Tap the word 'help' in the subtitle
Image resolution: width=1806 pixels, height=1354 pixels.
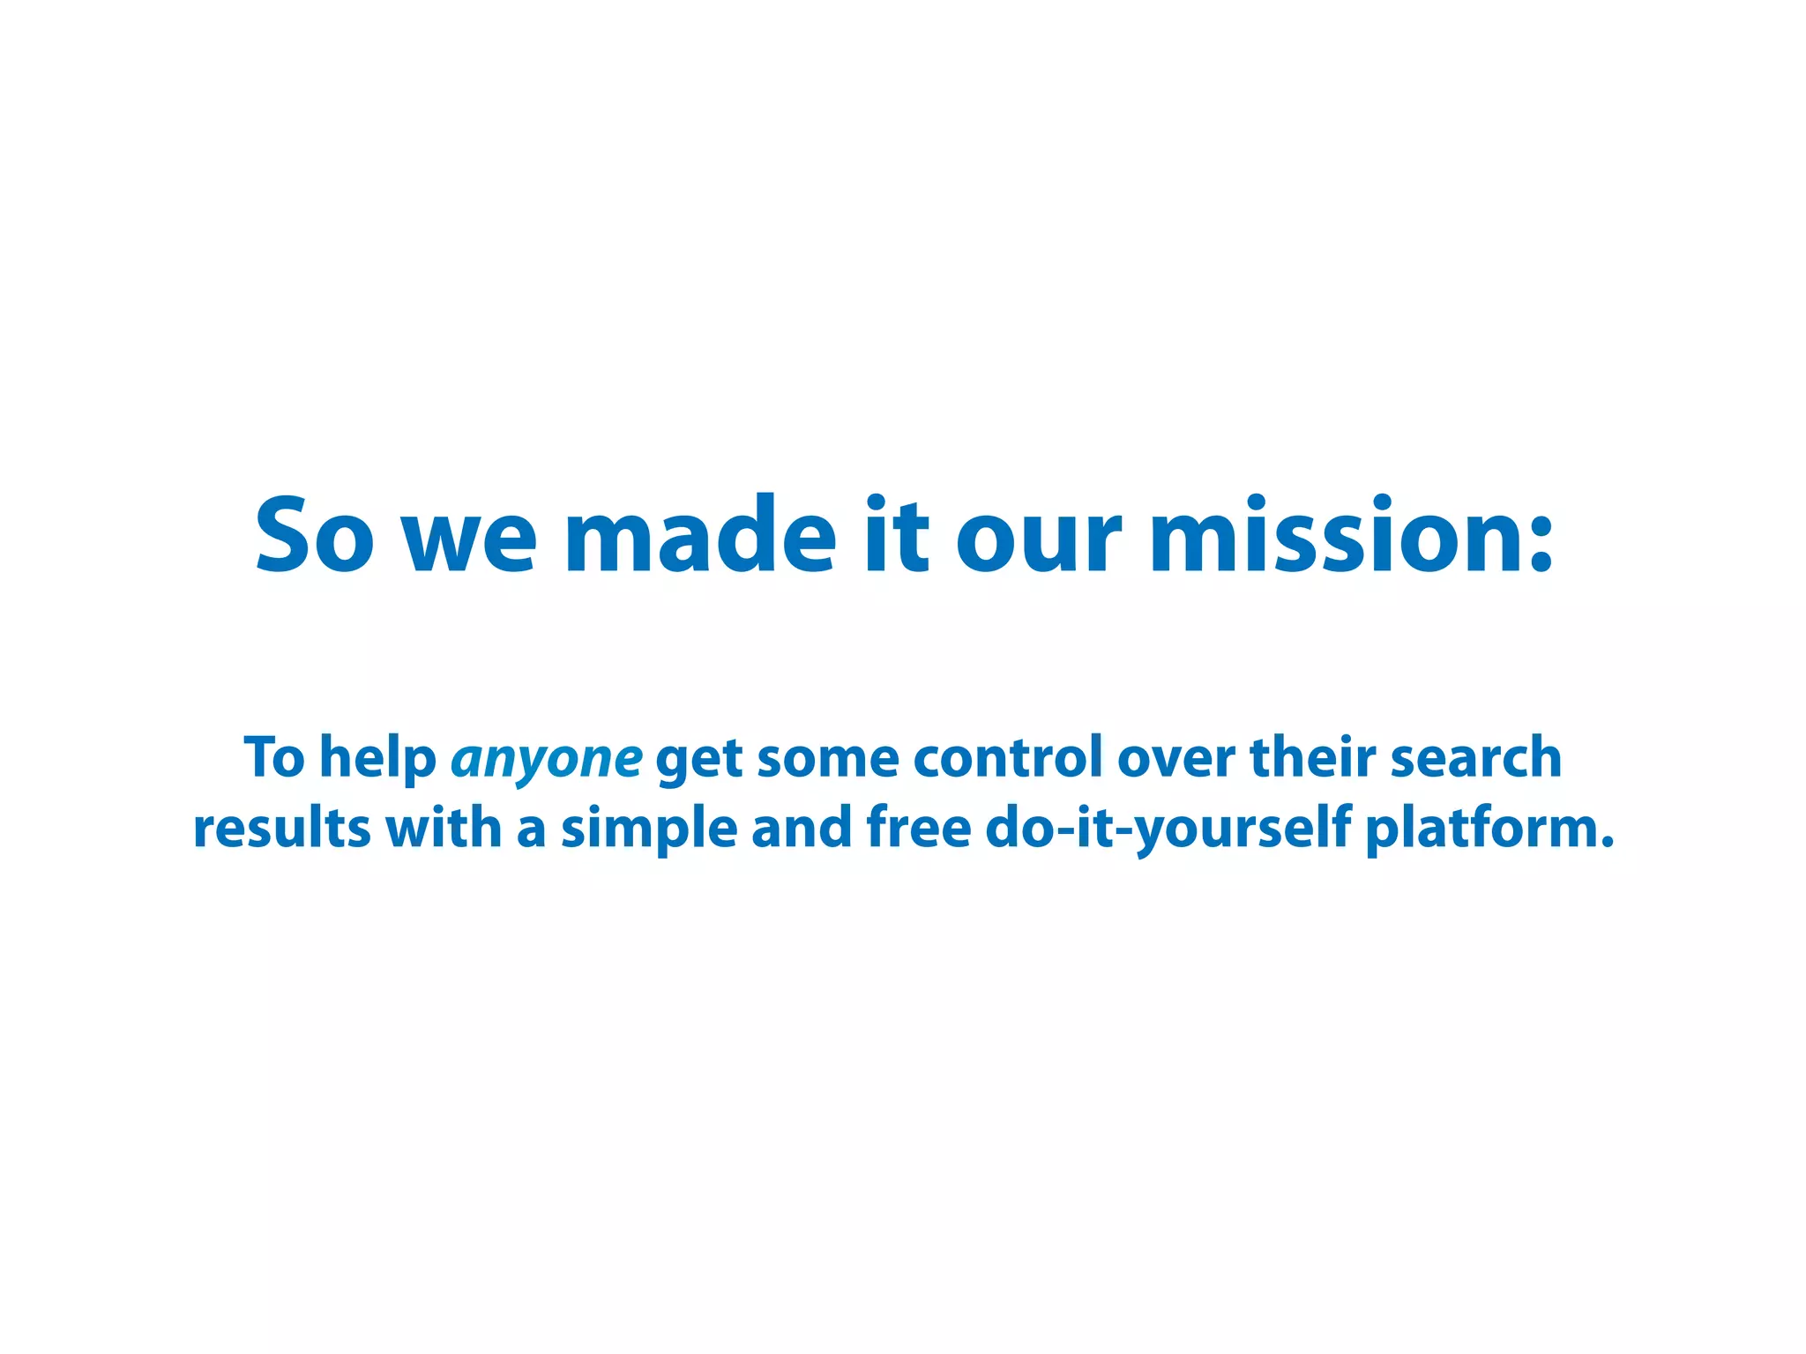(x=377, y=758)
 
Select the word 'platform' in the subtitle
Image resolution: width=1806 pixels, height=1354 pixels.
(x=1481, y=830)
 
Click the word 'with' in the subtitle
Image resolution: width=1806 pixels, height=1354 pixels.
(x=444, y=828)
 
